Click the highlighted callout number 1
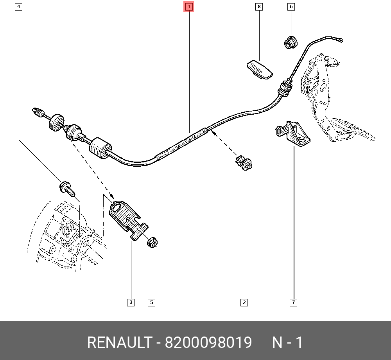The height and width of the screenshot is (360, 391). [x=189, y=7]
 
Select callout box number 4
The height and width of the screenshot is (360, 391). [x=18, y=7]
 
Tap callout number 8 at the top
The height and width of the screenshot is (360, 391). [x=259, y=7]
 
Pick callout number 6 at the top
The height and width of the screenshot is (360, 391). [x=291, y=7]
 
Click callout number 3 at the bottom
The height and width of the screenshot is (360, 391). [x=131, y=302]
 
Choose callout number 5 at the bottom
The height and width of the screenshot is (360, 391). [x=151, y=302]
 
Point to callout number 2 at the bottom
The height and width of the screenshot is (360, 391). [x=244, y=302]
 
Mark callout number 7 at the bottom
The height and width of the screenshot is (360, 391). [x=293, y=302]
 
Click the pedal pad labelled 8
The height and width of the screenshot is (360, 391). [x=259, y=69]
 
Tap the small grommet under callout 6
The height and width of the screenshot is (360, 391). [x=290, y=41]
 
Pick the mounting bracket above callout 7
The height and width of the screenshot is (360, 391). [x=293, y=134]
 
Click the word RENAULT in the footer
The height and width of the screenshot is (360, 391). [x=119, y=343]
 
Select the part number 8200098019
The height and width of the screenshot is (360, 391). [x=208, y=343]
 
